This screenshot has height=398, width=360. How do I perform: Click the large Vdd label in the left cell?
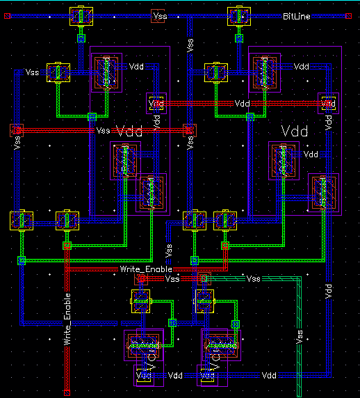tap(129, 131)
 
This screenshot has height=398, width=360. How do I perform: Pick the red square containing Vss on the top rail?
tap(158, 15)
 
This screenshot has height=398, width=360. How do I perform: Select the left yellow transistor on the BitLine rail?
tap(81, 17)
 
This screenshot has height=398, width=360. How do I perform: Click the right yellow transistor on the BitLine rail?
tap(238, 17)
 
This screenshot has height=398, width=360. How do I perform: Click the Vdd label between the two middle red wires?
tap(242, 104)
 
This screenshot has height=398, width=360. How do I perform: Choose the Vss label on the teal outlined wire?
tap(254, 278)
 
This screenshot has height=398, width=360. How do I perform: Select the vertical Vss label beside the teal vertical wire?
tap(300, 336)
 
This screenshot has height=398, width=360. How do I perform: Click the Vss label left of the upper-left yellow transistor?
tap(33, 71)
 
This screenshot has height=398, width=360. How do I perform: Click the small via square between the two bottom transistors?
tap(172, 322)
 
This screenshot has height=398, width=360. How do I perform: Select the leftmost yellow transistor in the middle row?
tap(21, 221)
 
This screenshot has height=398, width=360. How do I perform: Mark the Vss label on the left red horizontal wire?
tap(103, 131)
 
